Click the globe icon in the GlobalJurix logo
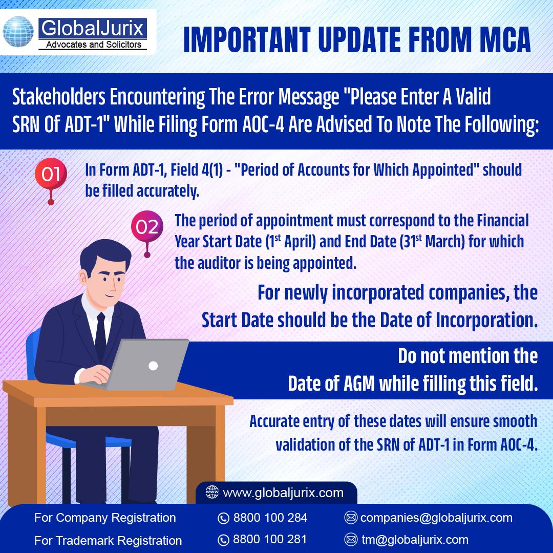tap(18, 31)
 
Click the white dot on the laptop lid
tap(153, 366)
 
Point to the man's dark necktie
tap(100, 335)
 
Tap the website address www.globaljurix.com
tap(283, 493)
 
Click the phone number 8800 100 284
tap(270, 517)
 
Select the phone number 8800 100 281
tap(270, 539)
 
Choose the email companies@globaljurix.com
tap(436, 517)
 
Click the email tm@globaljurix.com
tap(415, 540)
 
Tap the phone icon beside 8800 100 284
tap(223, 518)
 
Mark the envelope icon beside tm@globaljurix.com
tap(351, 540)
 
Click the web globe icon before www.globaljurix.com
tap(212, 492)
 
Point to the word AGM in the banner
tap(358, 384)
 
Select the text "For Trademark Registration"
tap(108, 540)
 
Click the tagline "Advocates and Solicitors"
tap(94, 45)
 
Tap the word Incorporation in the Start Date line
tap(487, 321)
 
